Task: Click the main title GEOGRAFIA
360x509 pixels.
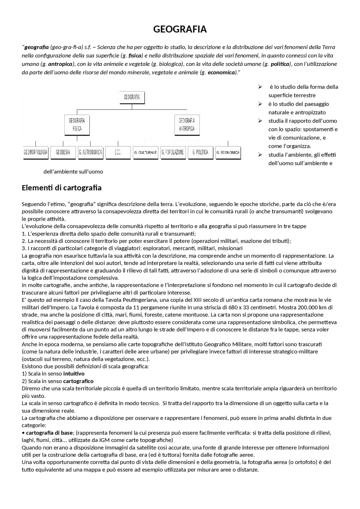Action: coord(180,29)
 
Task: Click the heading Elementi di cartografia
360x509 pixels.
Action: coord(62,188)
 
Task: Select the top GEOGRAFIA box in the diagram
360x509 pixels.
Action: coord(132,97)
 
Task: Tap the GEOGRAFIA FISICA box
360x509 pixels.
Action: coord(77,125)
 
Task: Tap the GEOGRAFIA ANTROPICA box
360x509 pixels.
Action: coord(187,125)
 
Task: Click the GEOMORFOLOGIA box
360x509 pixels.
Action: coord(35,152)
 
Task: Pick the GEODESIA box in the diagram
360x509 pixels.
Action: coord(63,152)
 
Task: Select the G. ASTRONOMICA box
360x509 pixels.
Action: coord(91,152)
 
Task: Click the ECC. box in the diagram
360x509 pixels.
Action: coord(118,152)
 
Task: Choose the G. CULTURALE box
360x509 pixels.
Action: coord(145,152)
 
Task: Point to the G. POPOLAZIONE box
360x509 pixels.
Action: coord(173,152)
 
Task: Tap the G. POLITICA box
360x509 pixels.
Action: coord(201,152)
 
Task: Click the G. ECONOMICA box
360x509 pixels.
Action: coord(228,152)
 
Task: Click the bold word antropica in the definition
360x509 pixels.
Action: coord(60,64)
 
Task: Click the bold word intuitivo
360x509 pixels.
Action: coord(74,374)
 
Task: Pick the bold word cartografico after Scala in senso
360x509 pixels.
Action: coord(78,381)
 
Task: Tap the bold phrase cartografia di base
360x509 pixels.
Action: coord(49,433)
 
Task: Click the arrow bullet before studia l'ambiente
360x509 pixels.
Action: coord(260,155)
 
